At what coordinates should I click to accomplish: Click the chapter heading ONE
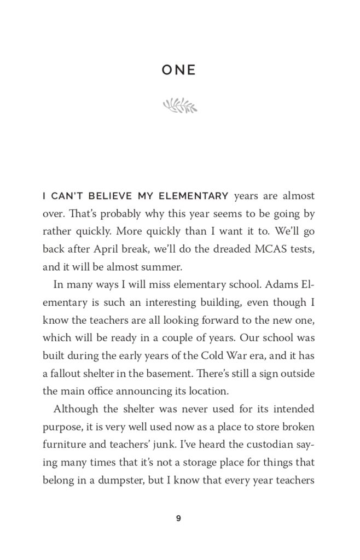(x=179, y=71)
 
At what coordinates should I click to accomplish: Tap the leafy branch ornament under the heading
(x=179, y=104)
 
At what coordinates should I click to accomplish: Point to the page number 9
(x=179, y=518)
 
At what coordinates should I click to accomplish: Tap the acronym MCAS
(x=246, y=249)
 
